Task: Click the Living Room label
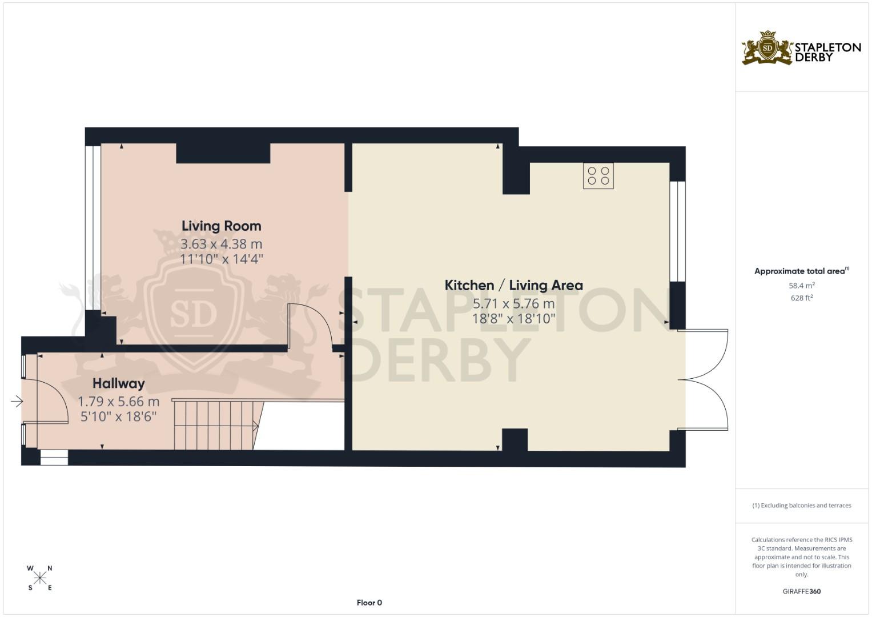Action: pos(221,226)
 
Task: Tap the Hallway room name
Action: pos(119,383)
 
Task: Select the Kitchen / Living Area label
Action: pos(513,285)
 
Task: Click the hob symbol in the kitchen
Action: pos(598,176)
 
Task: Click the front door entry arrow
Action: pos(17,402)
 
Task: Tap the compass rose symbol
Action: pos(40,578)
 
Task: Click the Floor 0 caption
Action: pos(369,603)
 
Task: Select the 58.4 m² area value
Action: pos(801,286)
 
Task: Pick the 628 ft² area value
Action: pos(801,298)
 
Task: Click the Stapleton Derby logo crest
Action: pos(767,48)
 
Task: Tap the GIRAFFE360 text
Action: pos(801,591)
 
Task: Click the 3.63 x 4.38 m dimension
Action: pos(221,245)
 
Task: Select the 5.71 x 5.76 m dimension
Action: pos(513,303)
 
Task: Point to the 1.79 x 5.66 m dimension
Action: pos(119,402)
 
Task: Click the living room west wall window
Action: pos(90,229)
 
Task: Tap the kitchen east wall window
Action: pos(677,231)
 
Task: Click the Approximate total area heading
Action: pos(801,271)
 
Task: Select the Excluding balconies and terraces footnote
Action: pos(801,506)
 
